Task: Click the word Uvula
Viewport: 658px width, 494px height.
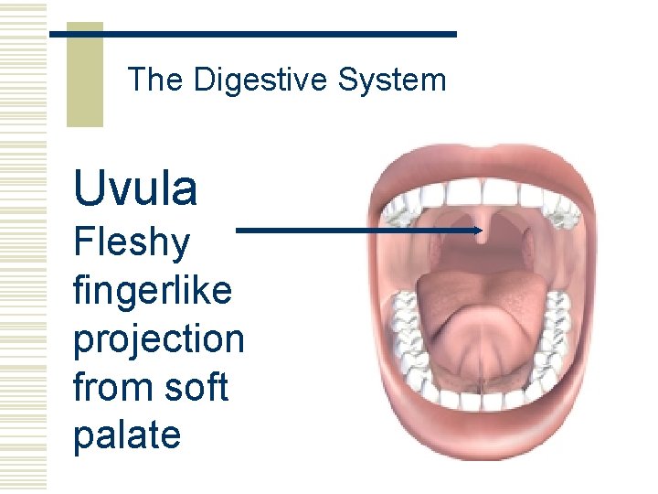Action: pos(135,188)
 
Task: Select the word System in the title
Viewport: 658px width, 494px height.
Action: pos(391,81)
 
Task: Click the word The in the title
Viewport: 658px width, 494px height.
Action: pos(155,81)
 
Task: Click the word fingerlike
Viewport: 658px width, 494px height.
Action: pos(152,292)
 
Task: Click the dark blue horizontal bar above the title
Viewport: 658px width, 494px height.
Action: pos(252,34)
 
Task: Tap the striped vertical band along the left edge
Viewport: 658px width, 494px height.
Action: pos(22,247)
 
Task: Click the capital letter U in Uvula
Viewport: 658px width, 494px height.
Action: pos(90,188)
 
